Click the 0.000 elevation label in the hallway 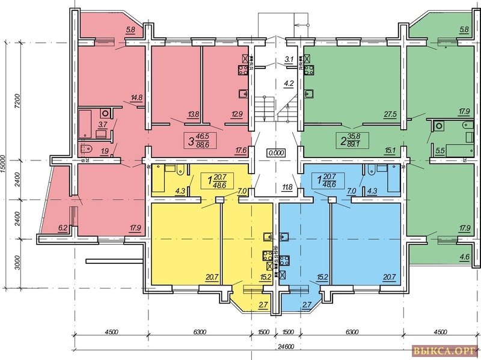click(x=276, y=153)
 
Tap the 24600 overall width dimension click(x=286, y=347)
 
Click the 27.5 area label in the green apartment click(x=390, y=115)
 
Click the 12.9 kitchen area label click(x=237, y=115)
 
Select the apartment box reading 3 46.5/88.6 click(x=200, y=141)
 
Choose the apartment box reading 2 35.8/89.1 click(x=352, y=141)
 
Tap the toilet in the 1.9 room click(x=86, y=149)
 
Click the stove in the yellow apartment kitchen click(x=268, y=256)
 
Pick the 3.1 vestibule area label click(x=289, y=59)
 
